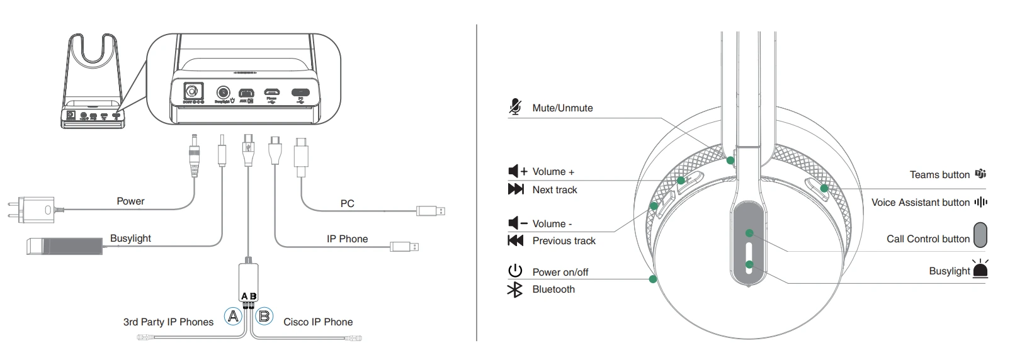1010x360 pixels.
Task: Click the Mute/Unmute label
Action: [562, 108]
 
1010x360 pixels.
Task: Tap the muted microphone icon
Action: [515, 107]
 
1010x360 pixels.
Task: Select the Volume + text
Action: [553, 172]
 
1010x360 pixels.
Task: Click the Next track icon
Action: [516, 189]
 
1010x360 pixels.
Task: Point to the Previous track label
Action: [564, 241]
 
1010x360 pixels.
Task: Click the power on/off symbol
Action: [515, 271]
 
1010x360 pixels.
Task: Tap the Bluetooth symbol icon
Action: [515, 290]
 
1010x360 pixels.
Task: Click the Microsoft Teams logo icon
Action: [980, 174]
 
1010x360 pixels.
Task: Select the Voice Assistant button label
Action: [920, 203]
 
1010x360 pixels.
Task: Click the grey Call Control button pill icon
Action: [980, 235]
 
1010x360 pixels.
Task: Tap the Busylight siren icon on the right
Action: [980, 269]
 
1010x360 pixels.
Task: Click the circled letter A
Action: [233, 316]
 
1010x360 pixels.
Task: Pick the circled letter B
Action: [264, 316]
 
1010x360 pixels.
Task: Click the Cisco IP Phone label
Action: [317, 322]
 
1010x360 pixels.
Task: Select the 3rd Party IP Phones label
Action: [168, 322]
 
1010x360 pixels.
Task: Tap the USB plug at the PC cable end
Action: [432, 211]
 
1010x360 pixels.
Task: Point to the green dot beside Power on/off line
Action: [653, 279]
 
